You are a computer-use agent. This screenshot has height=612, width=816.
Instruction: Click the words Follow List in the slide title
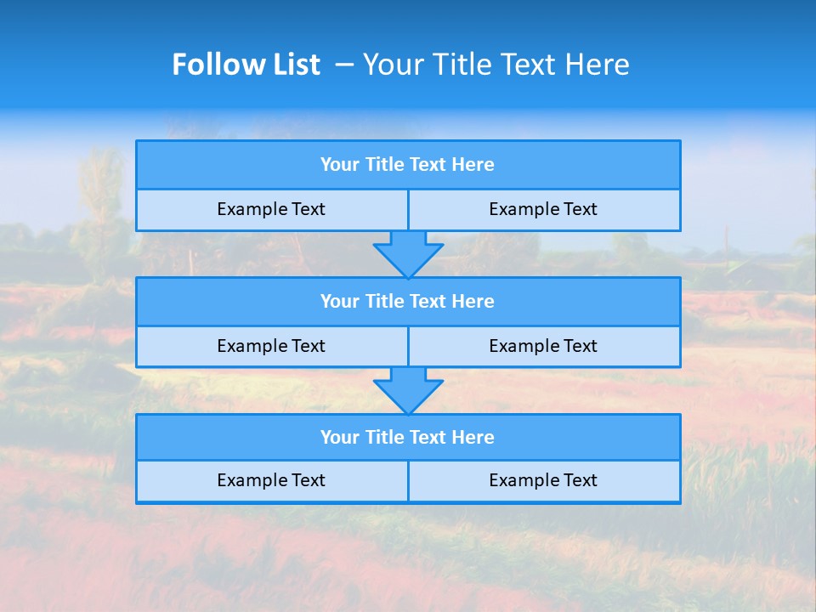click(246, 65)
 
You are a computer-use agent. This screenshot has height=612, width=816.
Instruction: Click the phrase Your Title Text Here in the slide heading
click(496, 65)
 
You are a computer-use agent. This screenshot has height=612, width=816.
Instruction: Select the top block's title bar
click(408, 165)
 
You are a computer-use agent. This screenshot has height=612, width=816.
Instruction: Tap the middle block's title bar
click(408, 302)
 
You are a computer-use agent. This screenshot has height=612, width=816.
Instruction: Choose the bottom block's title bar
click(408, 438)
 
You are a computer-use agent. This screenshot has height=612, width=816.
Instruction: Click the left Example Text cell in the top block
click(271, 209)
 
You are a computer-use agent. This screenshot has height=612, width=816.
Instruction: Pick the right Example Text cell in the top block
click(543, 209)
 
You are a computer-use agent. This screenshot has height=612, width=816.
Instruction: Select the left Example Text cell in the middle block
click(271, 346)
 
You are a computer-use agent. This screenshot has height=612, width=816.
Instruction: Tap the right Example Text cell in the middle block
click(543, 346)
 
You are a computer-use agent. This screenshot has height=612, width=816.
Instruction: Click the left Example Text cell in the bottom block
click(271, 480)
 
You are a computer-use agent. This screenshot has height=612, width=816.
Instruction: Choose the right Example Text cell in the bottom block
click(543, 480)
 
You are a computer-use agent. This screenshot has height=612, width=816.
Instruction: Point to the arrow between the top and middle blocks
click(408, 254)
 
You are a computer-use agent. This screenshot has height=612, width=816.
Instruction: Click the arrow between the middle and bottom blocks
click(408, 390)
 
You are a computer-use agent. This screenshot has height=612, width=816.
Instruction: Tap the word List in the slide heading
click(295, 65)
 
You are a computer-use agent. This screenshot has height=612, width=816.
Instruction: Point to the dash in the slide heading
click(344, 65)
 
